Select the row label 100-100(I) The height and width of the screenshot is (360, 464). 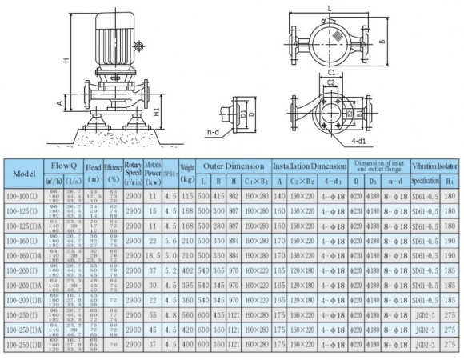[26, 198]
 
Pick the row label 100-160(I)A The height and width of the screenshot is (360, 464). [26, 258]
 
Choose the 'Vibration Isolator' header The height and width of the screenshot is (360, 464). [435, 166]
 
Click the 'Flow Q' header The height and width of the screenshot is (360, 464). [64, 166]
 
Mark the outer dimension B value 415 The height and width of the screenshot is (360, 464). [219, 198]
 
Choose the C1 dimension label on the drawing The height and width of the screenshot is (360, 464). [330, 71]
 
